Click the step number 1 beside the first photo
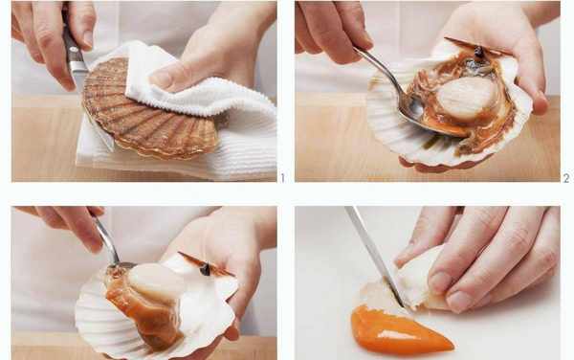282,178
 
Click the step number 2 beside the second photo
566,178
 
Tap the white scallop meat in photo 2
467,97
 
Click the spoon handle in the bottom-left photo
105,238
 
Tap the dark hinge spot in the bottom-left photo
205,270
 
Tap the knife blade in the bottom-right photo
373,257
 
